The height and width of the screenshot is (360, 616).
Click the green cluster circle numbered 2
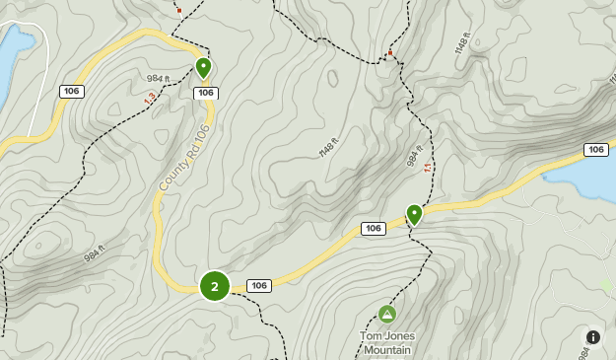[x=215, y=286]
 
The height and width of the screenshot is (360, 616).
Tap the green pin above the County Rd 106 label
[x=203, y=68]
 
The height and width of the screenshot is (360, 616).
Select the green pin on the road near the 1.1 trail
[x=415, y=214]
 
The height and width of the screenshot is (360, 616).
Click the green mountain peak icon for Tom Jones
[x=387, y=314]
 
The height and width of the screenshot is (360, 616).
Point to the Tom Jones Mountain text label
[x=386, y=341]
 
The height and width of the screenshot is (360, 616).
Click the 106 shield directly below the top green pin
[x=205, y=93]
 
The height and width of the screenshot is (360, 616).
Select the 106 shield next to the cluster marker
[x=259, y=286]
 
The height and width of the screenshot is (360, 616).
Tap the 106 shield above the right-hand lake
[x=595, y=150]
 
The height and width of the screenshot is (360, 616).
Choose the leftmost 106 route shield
[x=70, y=92]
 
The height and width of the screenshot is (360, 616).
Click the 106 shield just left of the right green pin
[x=373, y=229]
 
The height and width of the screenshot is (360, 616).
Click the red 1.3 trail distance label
[x=150, y=99]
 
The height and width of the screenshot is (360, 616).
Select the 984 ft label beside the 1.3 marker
[x=159, y=79]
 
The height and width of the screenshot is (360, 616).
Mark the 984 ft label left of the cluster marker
[x=95, y=252]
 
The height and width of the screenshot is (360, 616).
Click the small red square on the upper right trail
[x=390, y=52]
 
